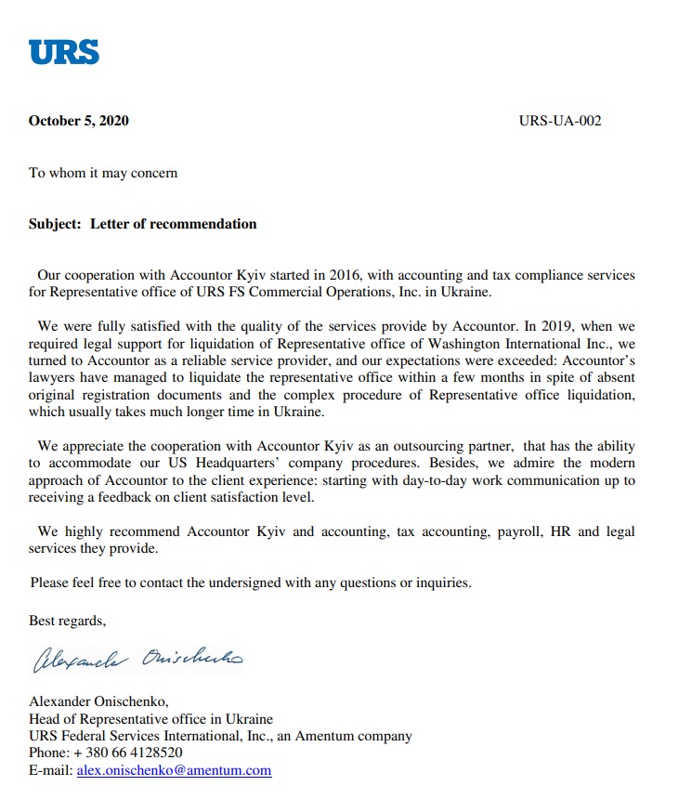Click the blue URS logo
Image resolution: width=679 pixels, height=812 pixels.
click(x=63, y=51)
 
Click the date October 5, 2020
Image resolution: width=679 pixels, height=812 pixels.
click(x=79, y=121)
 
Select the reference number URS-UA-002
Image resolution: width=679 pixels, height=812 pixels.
click(x=560, y=121)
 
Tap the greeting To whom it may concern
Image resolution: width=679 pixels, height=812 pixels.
click(x=103, y=173)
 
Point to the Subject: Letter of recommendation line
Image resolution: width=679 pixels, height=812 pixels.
click(x=142, y=224)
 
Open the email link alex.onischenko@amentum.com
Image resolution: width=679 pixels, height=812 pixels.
click(x=174, y=770)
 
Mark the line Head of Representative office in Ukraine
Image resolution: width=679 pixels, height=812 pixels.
click(x=150, y=719)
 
